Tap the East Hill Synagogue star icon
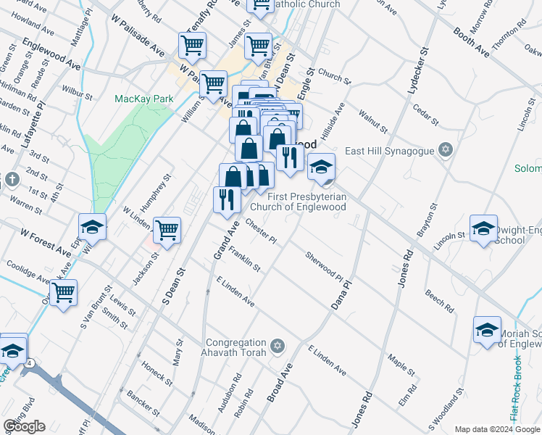[446, 151]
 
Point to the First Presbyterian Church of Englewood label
[307, 202]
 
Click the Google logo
[24, 426]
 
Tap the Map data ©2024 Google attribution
[497, 429]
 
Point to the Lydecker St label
[419, 69]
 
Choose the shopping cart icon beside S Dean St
[167, 230]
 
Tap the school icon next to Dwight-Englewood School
[483, 228]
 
